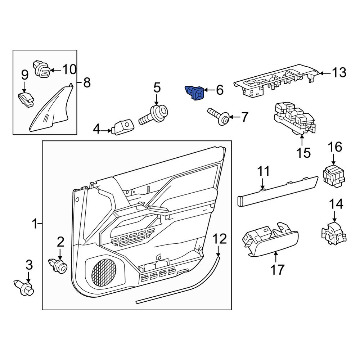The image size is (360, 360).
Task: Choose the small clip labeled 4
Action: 123,127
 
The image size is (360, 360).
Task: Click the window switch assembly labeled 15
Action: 293,119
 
